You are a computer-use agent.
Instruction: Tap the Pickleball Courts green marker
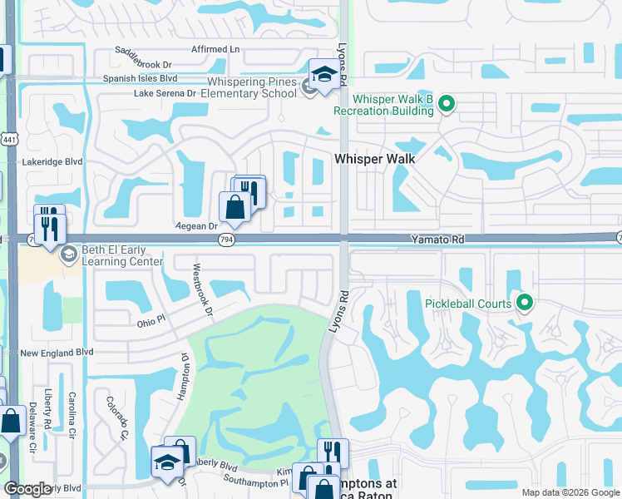click(x=524, y=303)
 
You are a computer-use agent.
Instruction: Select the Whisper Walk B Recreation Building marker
click(x=447, y=104)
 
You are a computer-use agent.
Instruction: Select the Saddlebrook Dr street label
click(x=144, y=64)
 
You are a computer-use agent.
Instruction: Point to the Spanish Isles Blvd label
click(x=141, y=79)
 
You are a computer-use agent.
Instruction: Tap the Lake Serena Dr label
click(x=165, y=93)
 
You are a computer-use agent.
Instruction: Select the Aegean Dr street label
click(x=196, y=225)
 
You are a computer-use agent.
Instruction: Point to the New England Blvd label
click(x=57, y=353)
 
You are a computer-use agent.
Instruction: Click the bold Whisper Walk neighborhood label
click(x=374, y=158)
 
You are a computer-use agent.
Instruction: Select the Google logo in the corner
click(x=27, y=489)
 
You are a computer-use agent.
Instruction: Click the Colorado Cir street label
click(x=116, y=417)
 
